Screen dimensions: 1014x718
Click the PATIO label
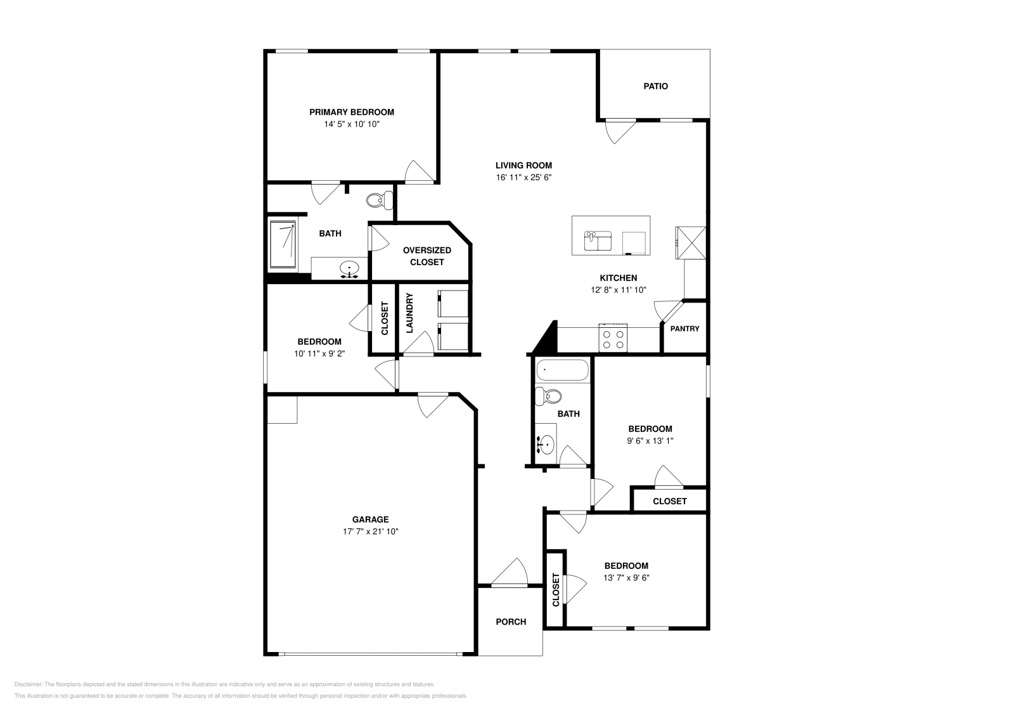coord(655,86)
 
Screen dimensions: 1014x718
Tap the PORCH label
coord(511,622)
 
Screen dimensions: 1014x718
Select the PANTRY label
coord(684,329)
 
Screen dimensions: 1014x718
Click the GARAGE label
coord(370,519)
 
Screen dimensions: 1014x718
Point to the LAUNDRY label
coord(409,313)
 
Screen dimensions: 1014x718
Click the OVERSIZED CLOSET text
coord(427,256)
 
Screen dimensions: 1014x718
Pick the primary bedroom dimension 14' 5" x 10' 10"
coord(352,124)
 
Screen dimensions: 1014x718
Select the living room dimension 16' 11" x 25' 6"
coord(523,178)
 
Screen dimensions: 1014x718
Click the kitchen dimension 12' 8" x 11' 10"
coord(619,290)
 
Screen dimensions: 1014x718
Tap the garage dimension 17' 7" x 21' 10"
coord(370,532)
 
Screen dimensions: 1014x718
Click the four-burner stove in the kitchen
coord(613,338)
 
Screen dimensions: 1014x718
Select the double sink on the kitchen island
coord(598,240)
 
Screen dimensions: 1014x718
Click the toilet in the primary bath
coord(380,200)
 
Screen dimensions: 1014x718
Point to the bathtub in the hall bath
coord(562,370)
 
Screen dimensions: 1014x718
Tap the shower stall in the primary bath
coord(283,244)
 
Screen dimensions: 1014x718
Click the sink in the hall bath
coord(546,445)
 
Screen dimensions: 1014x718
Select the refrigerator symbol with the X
coord(691,243)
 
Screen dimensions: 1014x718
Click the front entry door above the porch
coord(510,573)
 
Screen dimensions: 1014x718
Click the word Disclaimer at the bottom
coord(29,684)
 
